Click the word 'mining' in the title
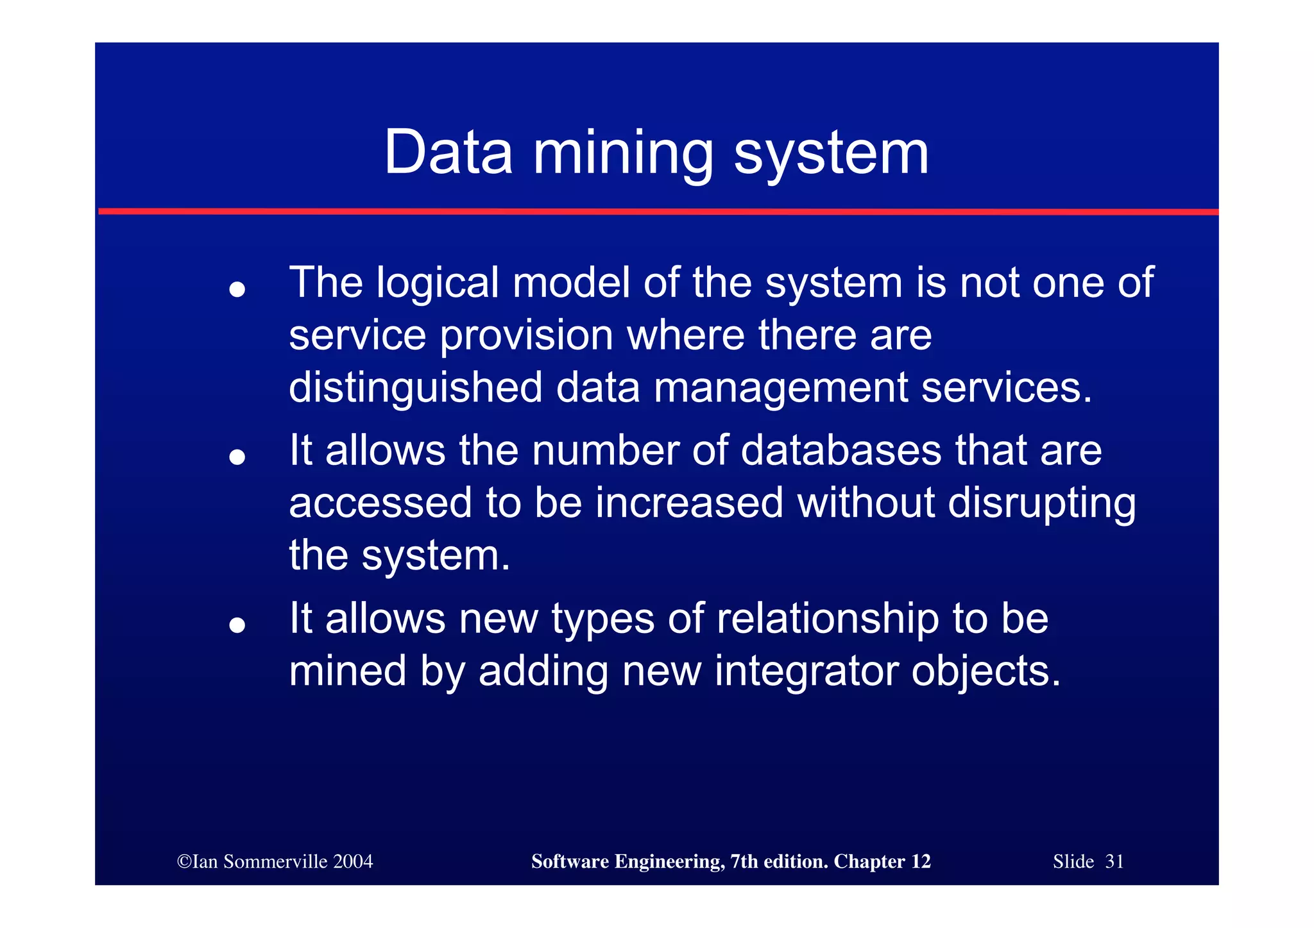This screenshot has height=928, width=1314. [x=623, y=153]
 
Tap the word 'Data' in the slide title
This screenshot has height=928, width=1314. [x=448, y=153]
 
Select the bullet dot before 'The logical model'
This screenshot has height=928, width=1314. [x=237, y=289]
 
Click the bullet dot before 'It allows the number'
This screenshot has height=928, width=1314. [x=237, y=457]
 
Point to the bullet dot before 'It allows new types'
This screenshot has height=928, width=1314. [x=237, y=625]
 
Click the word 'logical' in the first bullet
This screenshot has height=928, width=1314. [x=438, y=283]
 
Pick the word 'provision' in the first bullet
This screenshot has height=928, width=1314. [x=526, y=336]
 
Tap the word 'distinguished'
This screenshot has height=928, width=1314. [x=416, y=389]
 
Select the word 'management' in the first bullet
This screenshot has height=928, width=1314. [x=781, y=389]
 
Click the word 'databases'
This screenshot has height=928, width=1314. [x=841, y=450]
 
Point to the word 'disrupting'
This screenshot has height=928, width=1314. [x=1041, y=503]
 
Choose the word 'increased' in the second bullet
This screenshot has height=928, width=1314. [x=689, y=503]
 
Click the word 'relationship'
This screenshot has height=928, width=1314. [x=828, y=619]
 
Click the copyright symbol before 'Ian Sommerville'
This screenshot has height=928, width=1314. [x=184, y=861]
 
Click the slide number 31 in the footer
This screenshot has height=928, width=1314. [x=1114, y=861]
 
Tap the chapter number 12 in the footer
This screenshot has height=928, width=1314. [x=921, y=861]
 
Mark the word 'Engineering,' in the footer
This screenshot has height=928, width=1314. [x=670, y=862]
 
